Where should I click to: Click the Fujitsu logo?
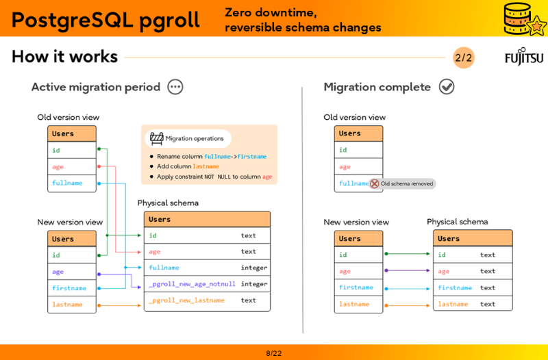[x=523, y=57]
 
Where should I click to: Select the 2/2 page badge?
[x=463, y=57]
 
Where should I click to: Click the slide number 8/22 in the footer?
[x=274, y=353]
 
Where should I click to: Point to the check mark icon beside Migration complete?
[x=447, y=87]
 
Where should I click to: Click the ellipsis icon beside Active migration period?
[x=175, y=87]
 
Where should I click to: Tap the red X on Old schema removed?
[x=375, y=183]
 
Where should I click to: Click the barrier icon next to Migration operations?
[x=157, y=138]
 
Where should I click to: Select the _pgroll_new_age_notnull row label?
[x=192, y=284]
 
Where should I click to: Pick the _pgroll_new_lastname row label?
[x=186, y=300]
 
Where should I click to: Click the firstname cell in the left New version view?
[x=69, y=288]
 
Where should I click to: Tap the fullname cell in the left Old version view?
[x=67, y=183]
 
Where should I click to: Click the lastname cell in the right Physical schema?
[x=453, y=304]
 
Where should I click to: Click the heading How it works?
[x=64, y=57]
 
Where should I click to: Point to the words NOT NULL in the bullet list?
[x=219, y=177]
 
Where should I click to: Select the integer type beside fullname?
[x=254, y=268]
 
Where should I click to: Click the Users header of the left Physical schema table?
[x=160, y=220]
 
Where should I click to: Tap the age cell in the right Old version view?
[x=345, y=167]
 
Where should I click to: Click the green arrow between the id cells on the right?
[x=408, y=254]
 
